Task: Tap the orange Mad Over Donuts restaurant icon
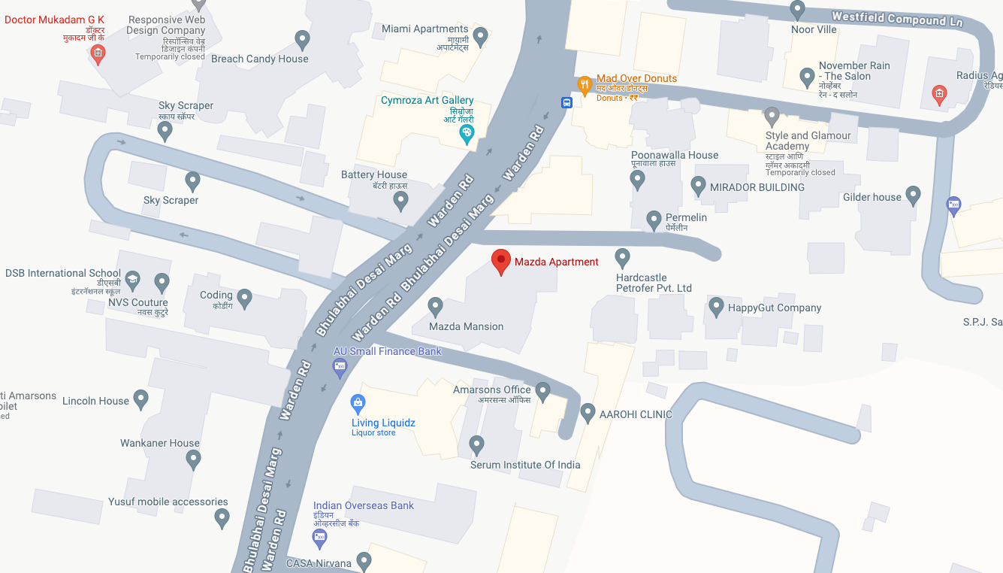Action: pyautogui.click(x=584, y=83)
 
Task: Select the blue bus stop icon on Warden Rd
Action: pyautogui.click(x=566, y=102)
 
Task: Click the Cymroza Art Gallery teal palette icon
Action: pyautogui.click(x=467, y=134)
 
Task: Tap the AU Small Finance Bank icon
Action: pyautogui.click(x=340, y=367)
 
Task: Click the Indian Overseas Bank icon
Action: pyautogui.click(x=319, y=537)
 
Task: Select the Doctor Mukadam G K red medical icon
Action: pyautogui.click(x=97, y=53)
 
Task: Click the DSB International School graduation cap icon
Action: pyautogui.click(x=133, y=280)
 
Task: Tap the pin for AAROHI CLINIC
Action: pyautogui.click(x=588, y=412)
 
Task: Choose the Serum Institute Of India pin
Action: pyautogui.click(x=476, y=444)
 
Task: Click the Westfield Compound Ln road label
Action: pyautogui.click(x=897, y=18)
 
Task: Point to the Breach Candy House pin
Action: pyautogui.click(x=302, y=38)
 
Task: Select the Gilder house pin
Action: pyautogui.click(x=913, y=196)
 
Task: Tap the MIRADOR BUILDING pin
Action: pyautogui.click(x=698, y=186)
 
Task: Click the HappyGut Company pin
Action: pyautogui.click(x=716, y=306)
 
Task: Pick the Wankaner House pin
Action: pyautogui.click(x=194, y=458)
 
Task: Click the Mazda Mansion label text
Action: pyautogui.click(x=466, y=326)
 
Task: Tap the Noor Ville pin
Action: pyautogui.click(x=798, y=10)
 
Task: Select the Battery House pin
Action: pyautogui.click(x=401, y=200)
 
